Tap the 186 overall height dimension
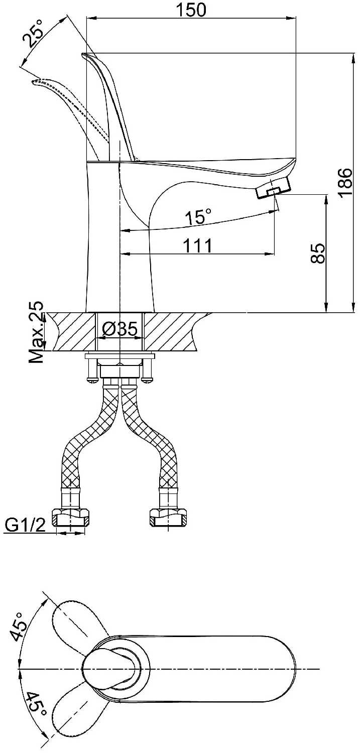coord(345,183)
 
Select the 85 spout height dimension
coord(317,254)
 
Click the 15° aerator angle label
coord(199,216)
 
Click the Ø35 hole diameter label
coord(119,329)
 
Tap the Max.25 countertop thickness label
coord(36,332)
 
